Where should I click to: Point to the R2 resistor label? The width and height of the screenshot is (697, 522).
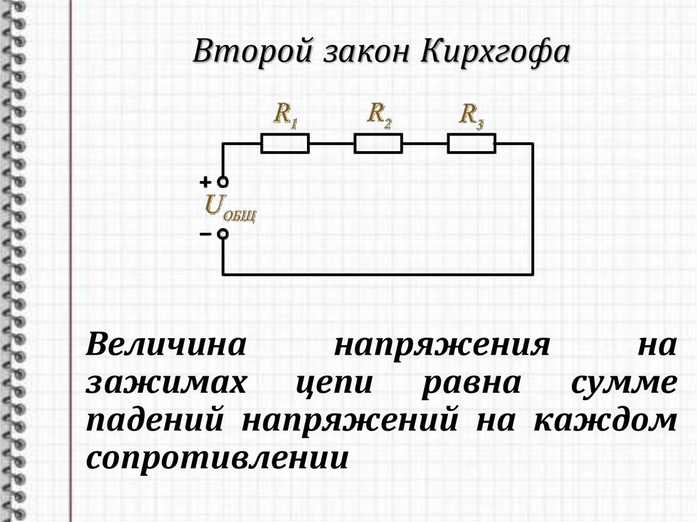(379, 113)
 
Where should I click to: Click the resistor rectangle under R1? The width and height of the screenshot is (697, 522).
(286, 143)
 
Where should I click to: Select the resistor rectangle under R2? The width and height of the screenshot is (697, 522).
(378, 143)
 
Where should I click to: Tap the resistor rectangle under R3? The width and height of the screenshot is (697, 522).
(471, 143)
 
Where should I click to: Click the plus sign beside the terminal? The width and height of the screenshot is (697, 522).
(205, 182)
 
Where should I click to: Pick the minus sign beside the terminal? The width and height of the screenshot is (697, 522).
(205, 234)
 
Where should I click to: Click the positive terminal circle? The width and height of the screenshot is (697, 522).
(223, 182)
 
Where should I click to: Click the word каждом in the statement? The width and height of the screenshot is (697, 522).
(604, 420)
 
